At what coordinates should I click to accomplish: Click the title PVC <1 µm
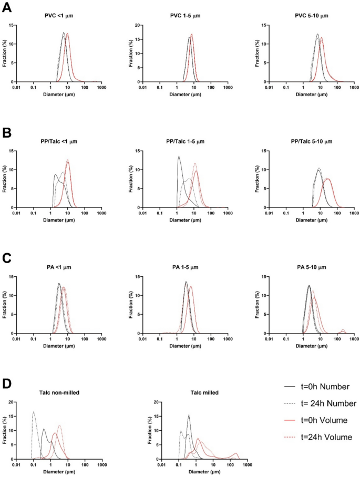(59, 15)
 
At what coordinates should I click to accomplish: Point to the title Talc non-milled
(59, 392)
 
